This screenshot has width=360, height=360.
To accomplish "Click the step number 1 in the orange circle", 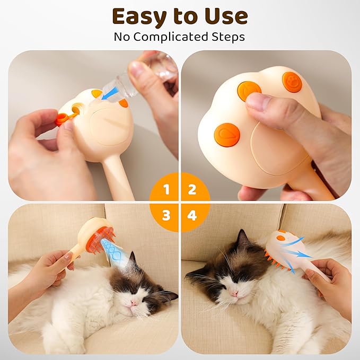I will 166,189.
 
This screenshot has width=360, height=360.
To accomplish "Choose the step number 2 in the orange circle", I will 192,189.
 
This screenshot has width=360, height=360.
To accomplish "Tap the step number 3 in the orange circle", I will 166,215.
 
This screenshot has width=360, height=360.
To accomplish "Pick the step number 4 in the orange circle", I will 192,216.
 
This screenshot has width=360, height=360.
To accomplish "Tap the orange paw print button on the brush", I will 292,82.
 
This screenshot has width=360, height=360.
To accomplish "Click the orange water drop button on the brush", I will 227,135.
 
